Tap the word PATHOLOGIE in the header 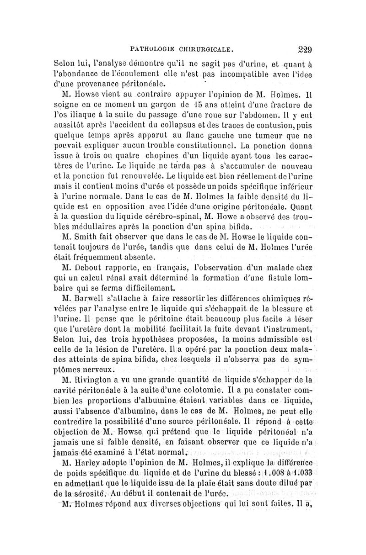pos(155,47)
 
